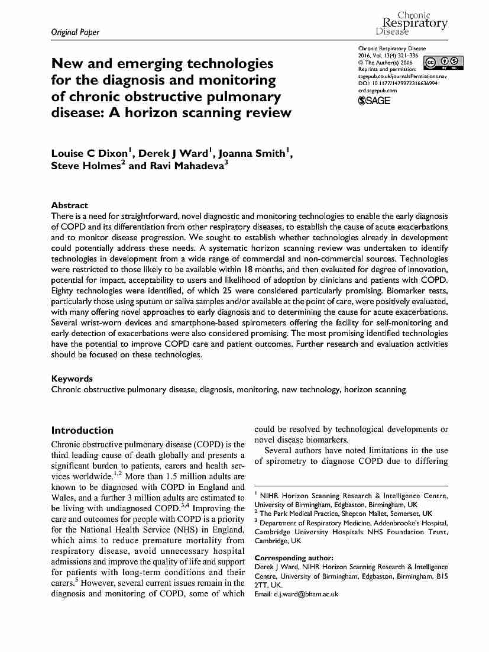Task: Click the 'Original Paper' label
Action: [x=75, y=32]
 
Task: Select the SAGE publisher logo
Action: [x=375, y=101]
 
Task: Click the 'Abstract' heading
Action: [x=70, y=205]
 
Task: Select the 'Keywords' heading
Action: [x=72, y=379]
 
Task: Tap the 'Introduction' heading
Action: [x=82, y=430]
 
